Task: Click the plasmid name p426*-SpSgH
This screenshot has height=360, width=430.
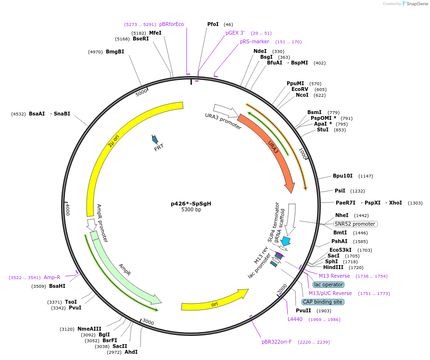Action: tap(191, 204)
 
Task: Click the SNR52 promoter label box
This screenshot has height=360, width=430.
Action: tap(355, 224)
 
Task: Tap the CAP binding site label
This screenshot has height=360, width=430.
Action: tap(322, 302)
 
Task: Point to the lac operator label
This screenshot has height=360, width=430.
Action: tap(329, 284)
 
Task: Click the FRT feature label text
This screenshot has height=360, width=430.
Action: tap(159, 148)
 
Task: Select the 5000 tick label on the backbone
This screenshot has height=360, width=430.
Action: tap(141, 92)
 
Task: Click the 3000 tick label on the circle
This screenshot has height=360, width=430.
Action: tap(148, 322)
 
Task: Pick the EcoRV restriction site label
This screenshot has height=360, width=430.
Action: tap(300, 89)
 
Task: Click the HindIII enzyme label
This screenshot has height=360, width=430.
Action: tap(333, 267)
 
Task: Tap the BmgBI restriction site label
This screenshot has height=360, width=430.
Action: tap(115, 51)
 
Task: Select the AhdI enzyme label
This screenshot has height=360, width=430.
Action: tap(131, 352)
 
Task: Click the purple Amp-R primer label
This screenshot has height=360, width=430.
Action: tap(52, 277)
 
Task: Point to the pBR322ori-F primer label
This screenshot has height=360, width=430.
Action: tap(277, 342)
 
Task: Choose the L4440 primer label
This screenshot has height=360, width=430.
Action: tap(294, 319)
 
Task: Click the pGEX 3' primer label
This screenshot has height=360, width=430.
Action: tap(235, 33)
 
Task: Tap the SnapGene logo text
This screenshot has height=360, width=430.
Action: tap(416, 4)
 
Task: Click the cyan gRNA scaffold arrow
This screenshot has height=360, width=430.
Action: tap(286, 241)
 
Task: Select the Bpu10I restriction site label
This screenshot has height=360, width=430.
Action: tap(342, 176)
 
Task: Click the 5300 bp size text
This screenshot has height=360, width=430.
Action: tap(191, 210)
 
